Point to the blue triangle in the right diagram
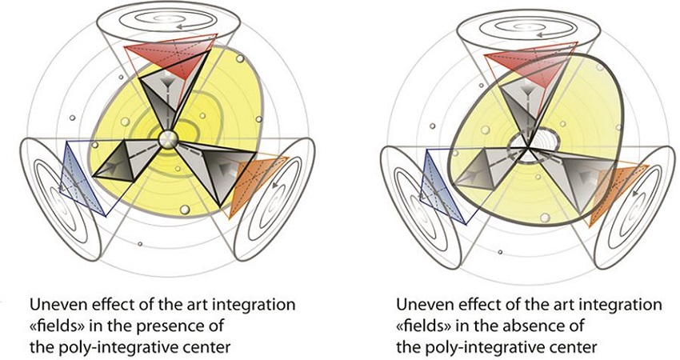[438, 182]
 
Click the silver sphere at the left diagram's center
[169, 138]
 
